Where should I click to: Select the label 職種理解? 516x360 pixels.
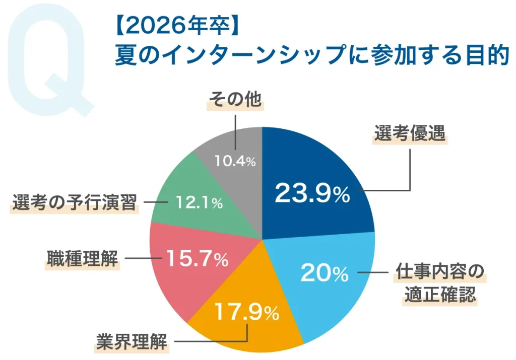click(82, 259)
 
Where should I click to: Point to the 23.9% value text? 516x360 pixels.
click(312, 194)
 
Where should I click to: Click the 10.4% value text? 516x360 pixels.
click(235, 162)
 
